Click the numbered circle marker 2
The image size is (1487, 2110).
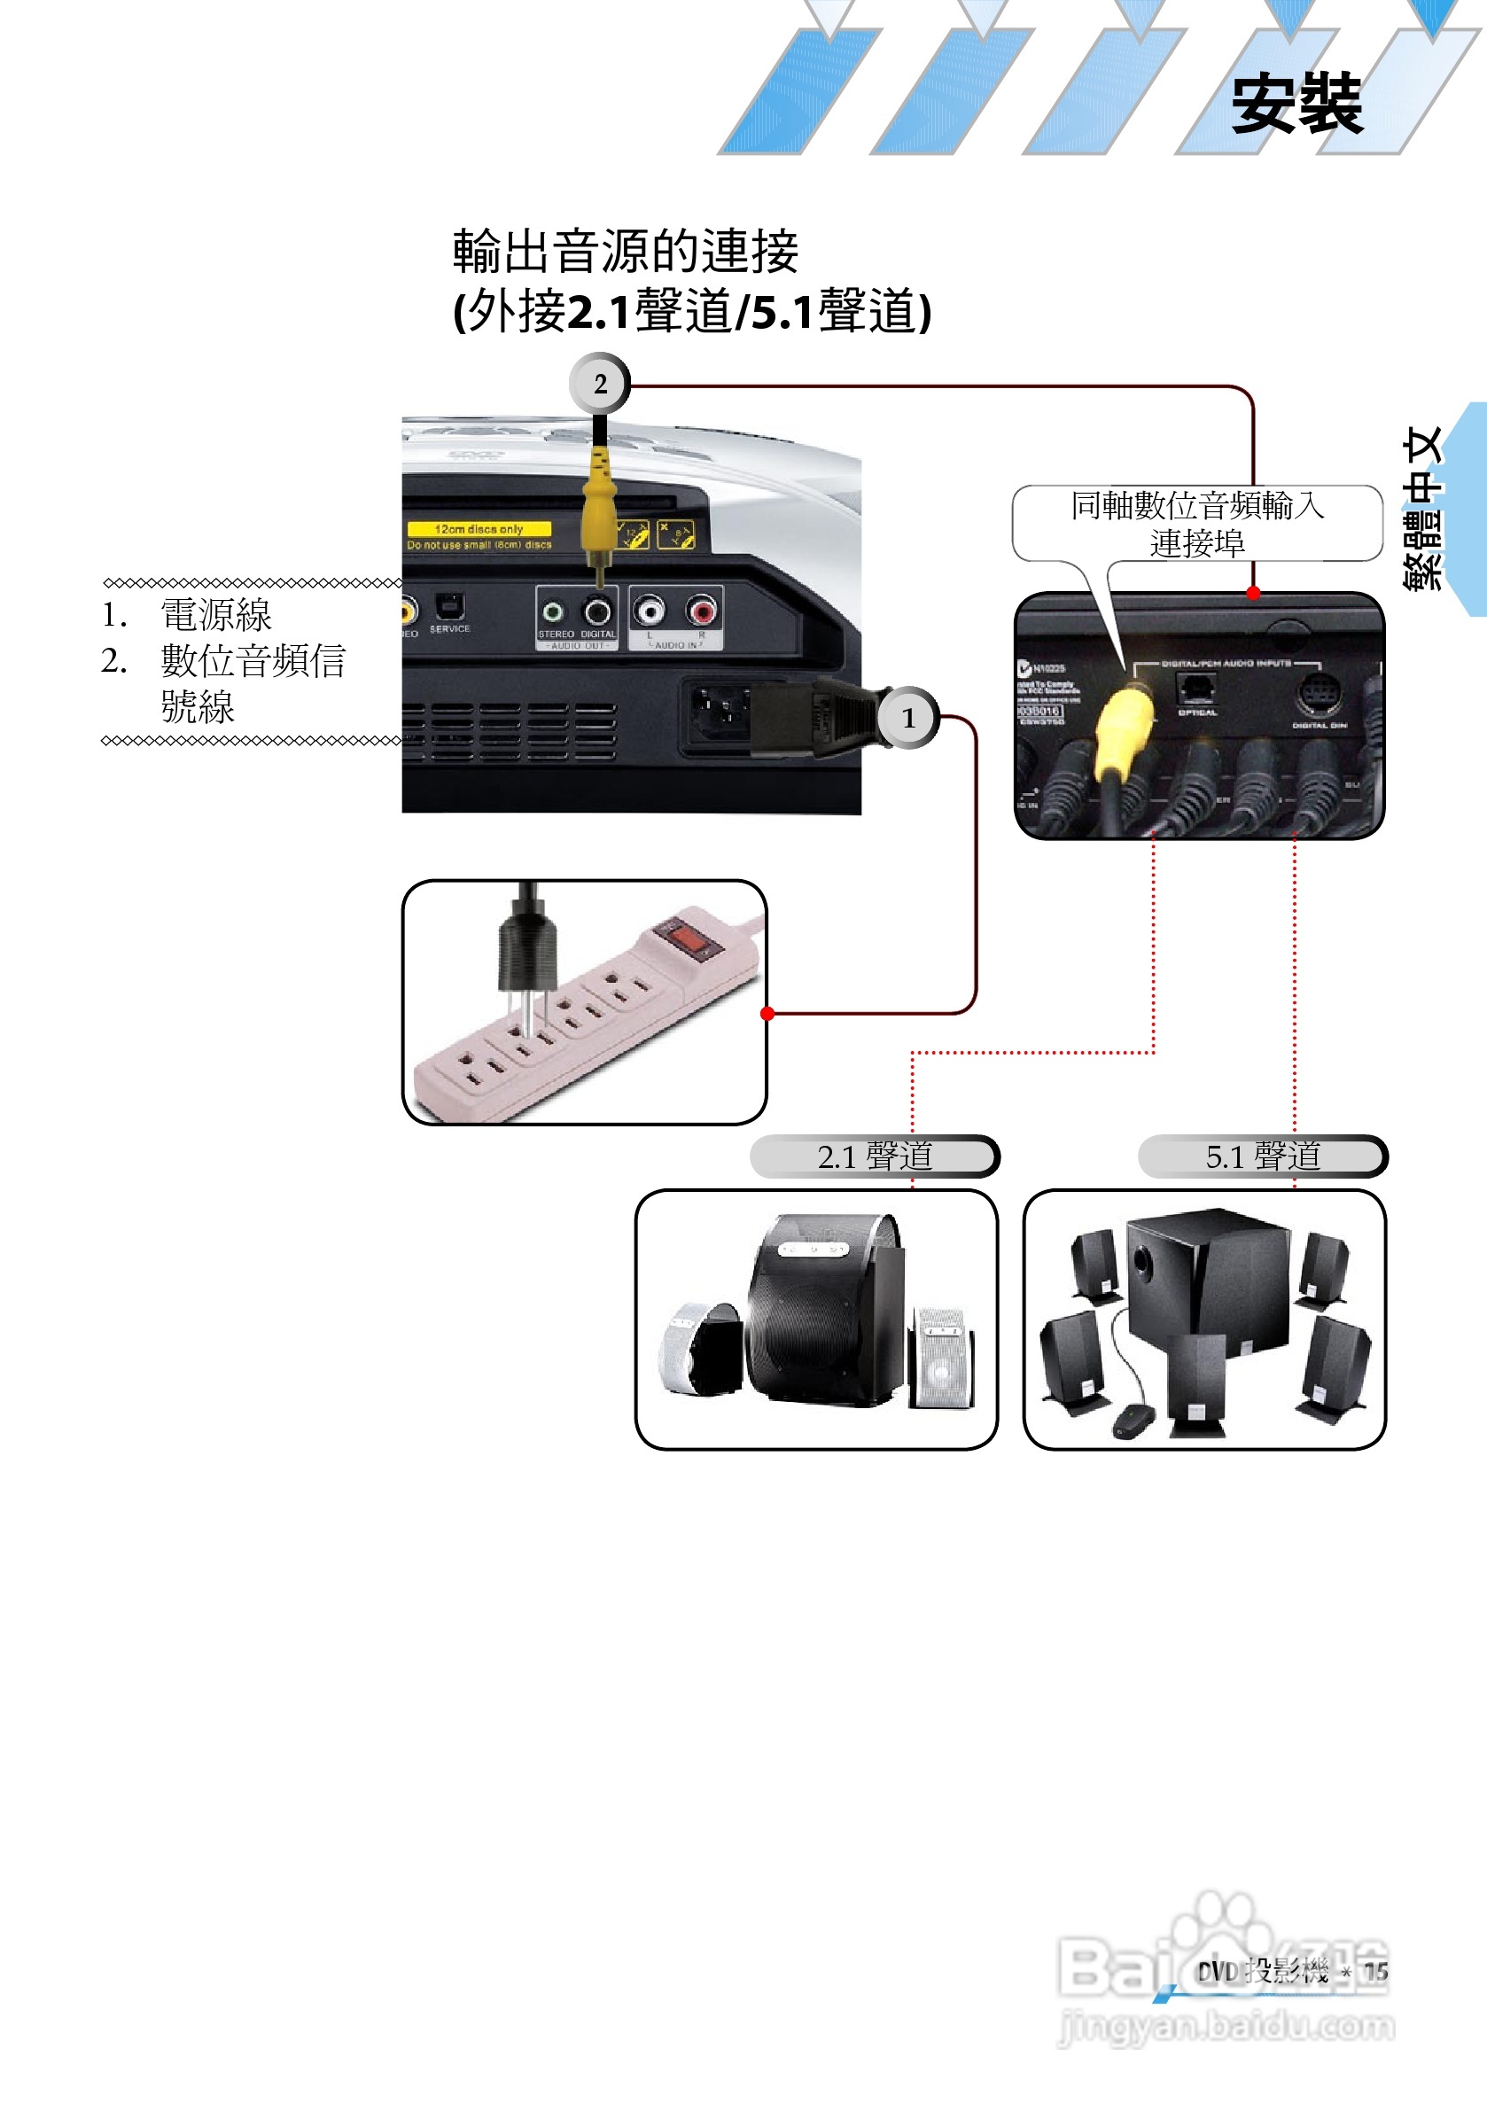pos(599,383)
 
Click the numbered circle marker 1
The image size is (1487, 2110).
pos(908,718)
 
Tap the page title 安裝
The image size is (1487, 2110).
pos(1296,103)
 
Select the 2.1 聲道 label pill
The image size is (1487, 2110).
pos(874,1156)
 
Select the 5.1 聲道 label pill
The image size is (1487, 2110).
pos(1262,1156)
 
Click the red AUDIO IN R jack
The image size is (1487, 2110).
pos(702,611)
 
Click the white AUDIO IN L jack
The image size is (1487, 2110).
pos(650,611)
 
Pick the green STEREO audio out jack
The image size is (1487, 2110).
pos(553,611)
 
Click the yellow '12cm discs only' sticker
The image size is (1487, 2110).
pos(479,529)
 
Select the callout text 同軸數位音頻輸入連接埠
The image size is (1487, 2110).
pos(1196,524)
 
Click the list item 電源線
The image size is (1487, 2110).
pos(216,615)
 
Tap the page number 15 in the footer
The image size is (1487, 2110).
pos(1374,1971)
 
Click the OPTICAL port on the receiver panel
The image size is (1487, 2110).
pos(1196,689)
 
